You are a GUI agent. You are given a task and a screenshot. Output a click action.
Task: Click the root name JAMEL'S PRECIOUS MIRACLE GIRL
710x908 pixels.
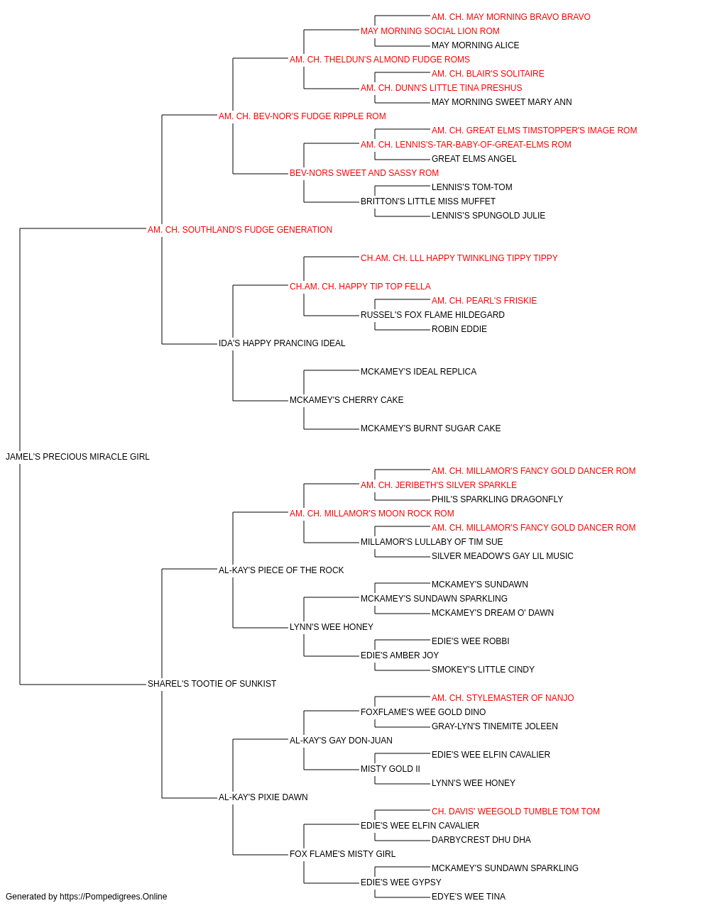(77, 457)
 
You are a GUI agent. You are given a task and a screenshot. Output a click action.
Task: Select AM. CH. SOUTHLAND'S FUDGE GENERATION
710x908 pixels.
(239, 230)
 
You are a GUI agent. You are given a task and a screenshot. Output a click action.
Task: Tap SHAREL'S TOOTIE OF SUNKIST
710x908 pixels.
(212, 684)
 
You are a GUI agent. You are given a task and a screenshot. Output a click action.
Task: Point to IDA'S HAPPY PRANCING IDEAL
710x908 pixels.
(282, 343)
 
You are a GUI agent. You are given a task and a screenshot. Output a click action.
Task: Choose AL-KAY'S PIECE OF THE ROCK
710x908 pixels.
(281, 570)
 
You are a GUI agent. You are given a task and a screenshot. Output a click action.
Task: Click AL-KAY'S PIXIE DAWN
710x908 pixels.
(263, 797)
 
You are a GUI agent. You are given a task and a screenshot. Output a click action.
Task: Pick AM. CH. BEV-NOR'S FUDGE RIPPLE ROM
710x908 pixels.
(302, 116)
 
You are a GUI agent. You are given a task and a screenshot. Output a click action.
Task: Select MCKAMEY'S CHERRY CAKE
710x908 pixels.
(346, 400)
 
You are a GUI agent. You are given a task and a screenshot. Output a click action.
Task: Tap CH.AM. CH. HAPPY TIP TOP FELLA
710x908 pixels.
(360, 287)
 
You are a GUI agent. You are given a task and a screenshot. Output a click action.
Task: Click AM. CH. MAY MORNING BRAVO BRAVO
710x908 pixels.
(510, 17)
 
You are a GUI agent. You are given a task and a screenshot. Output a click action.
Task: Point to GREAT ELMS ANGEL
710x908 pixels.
(474, 159)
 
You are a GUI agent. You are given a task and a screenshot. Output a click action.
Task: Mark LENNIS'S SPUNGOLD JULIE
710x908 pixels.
(488, 216)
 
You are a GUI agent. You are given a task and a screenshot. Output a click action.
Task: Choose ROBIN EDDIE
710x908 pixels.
(459, 329)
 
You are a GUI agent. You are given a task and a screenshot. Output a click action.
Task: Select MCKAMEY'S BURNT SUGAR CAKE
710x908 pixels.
(430, 428)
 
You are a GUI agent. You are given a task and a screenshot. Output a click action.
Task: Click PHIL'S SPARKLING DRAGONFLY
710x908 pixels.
(497, 499)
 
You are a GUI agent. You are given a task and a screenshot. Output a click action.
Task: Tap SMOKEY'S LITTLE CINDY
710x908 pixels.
(483, 670)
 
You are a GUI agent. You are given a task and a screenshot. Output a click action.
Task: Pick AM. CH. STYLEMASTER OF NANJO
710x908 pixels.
(503, 698)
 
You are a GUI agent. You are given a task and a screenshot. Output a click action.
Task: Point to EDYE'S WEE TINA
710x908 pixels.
(469, 897)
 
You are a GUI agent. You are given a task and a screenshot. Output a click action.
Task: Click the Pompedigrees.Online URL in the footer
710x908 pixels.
(113, 897)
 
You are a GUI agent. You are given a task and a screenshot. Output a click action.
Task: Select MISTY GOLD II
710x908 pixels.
(390, 769)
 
